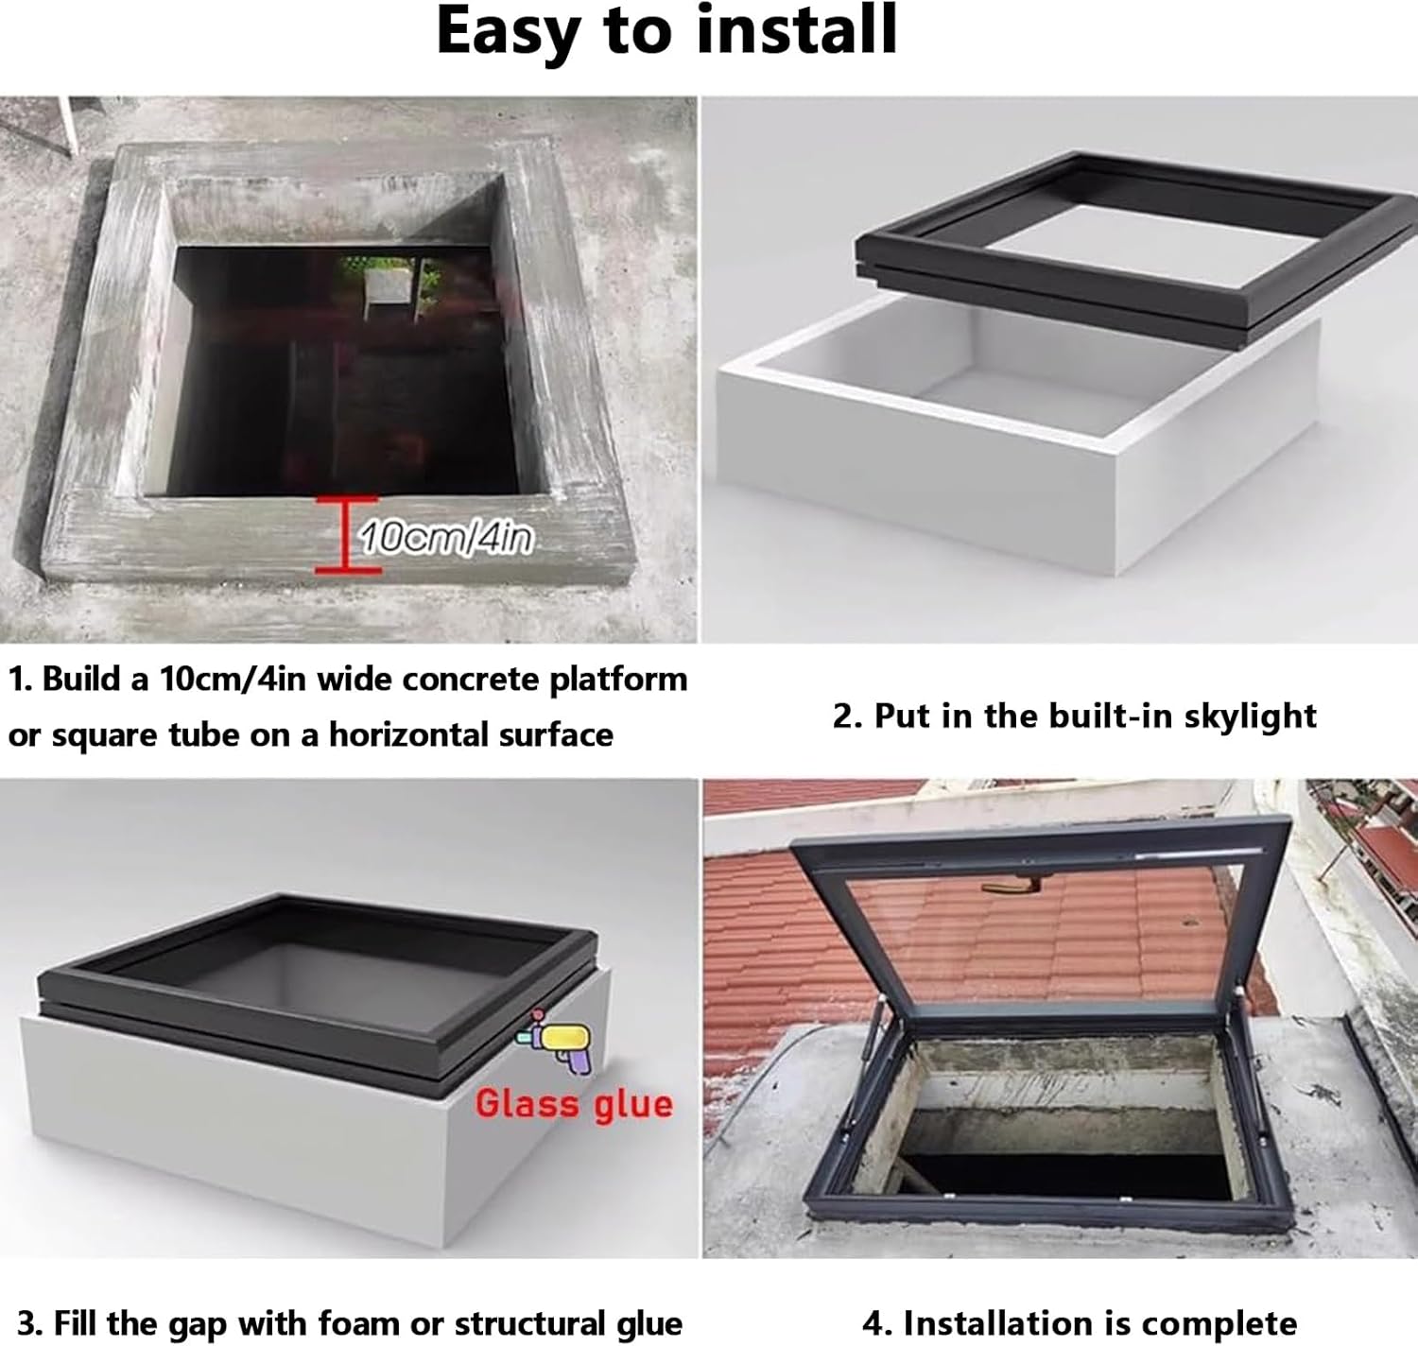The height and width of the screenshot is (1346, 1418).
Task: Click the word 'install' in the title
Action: (796, 30)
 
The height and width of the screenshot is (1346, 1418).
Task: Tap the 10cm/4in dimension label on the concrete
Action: (445, 539)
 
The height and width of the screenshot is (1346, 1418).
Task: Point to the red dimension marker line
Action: (347, 535)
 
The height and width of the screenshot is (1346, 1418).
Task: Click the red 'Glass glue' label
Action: (573, 1104)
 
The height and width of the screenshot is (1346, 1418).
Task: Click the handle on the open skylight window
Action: (1010, 887)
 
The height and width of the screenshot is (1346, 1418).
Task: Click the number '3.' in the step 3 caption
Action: (28, 1323)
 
